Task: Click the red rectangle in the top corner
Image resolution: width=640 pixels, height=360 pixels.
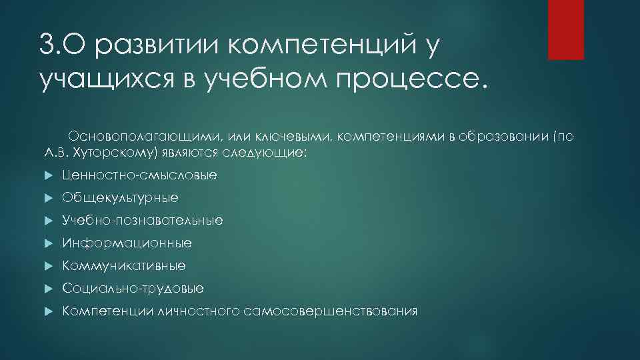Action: pyautogui.click(x=565, y=29)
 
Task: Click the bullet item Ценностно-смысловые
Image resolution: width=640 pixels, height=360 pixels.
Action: pyautogui.click(x=139, y=175)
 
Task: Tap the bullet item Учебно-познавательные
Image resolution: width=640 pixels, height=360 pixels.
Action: pyautogui.click(x=143, y=220)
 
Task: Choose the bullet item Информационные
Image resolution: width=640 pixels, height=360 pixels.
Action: pyautogui.click(x=127, y=243)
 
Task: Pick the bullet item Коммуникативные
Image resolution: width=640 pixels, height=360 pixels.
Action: pyautogui.click(x=124, y=266)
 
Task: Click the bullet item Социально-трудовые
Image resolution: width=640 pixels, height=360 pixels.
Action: pyautogui.click(x=133, y=289)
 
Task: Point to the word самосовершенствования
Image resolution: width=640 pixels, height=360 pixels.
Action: pyautogui.click(x=331, y=311)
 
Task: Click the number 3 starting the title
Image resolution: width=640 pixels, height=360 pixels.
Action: pyautogui.click(x=46, y=47)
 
